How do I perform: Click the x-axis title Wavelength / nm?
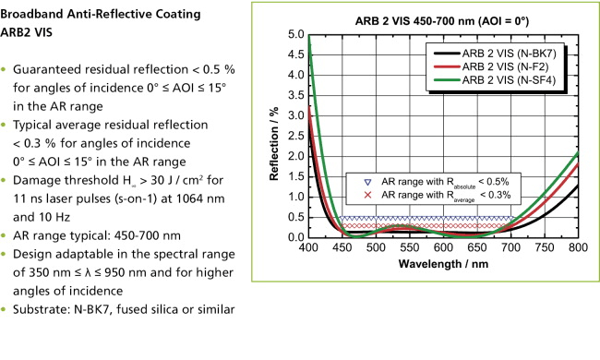pos(445,264)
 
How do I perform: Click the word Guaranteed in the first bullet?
pos(50,71)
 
